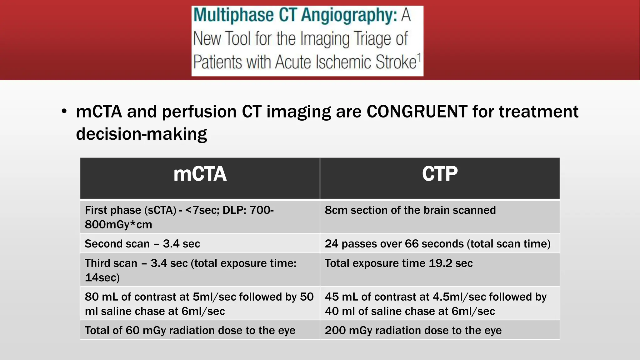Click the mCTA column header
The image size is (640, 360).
200,174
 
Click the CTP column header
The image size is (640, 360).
440,174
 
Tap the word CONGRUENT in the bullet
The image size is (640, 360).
417,112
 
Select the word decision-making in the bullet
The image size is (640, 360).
141,134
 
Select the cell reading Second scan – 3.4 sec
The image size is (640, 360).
142,244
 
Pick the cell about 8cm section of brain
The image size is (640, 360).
410,210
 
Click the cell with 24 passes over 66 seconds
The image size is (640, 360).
437,244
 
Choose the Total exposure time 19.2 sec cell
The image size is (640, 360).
398,263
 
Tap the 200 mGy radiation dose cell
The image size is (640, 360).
413,330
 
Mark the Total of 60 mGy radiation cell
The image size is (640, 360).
190,330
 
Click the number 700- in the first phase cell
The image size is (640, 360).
262,210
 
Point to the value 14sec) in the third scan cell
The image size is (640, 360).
102,277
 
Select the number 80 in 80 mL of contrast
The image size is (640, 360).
92,297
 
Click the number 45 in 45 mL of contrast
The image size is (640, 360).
332,297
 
